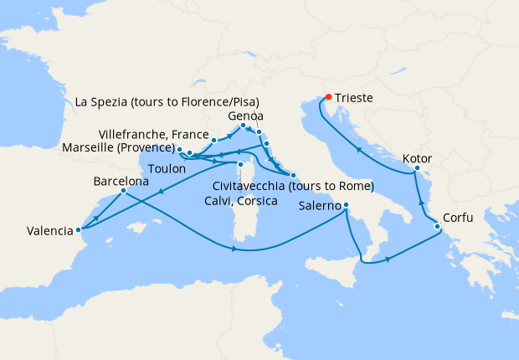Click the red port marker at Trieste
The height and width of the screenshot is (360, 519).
click(328, 96)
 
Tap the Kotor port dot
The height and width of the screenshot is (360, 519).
click(416, 172)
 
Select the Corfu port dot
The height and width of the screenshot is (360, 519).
click(437, 226)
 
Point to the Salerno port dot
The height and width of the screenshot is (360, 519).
click(346, 206)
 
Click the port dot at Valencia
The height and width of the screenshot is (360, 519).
click(78, 229)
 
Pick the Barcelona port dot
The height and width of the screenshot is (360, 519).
click(123, 191)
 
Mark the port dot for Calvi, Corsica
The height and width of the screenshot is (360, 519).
click(240, 164)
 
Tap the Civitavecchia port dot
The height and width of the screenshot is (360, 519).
click(293, 175)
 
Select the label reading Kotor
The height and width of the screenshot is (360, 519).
click(417, 157)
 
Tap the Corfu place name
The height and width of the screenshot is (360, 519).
click(458, 218)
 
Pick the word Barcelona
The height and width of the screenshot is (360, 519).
click(121, 179)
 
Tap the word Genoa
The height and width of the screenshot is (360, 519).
click(246, 116)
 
